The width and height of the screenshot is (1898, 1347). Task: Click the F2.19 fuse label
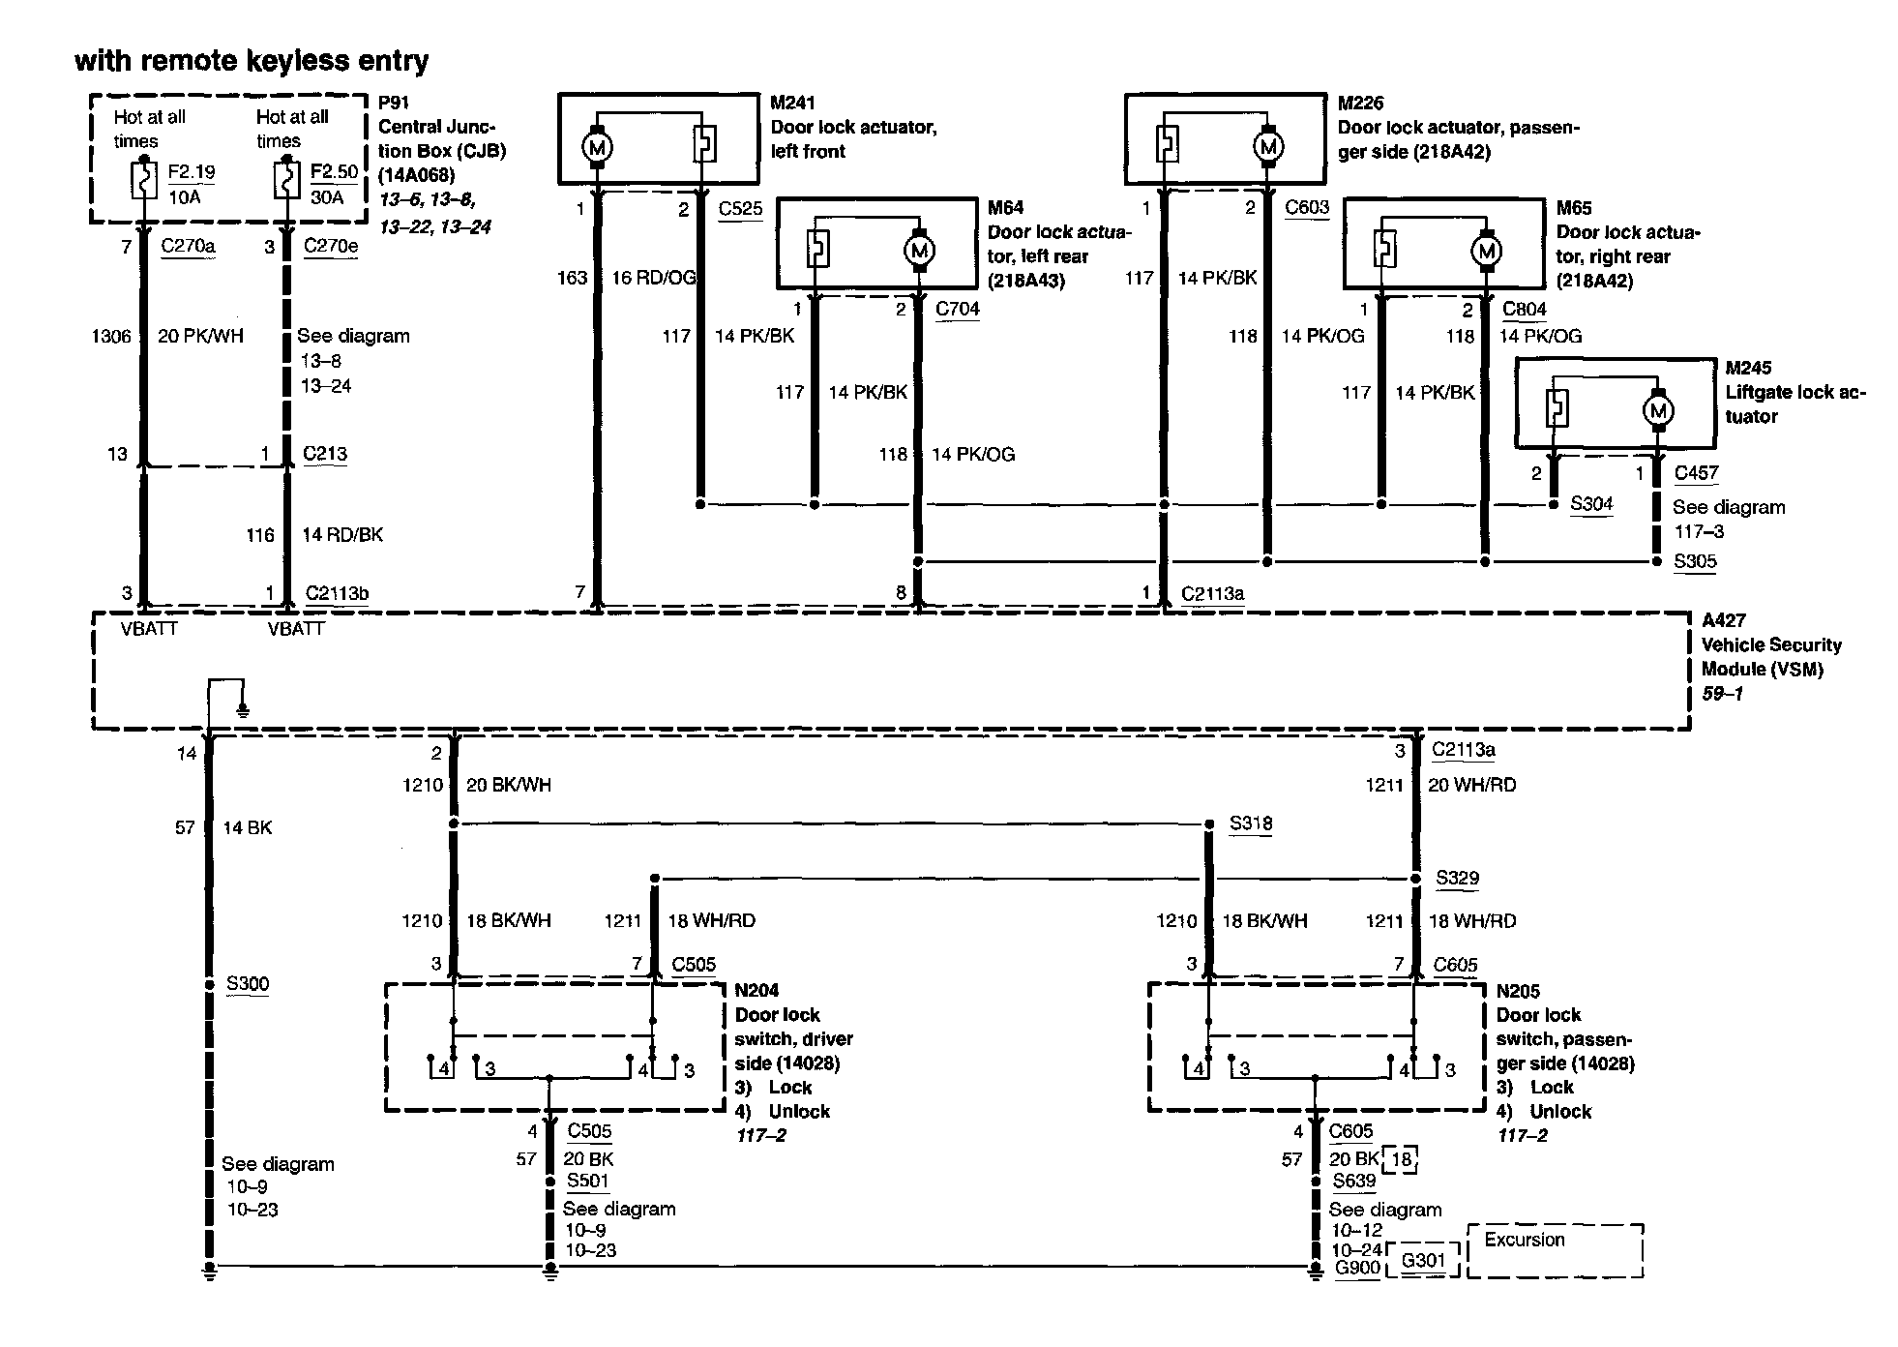pos(191,172)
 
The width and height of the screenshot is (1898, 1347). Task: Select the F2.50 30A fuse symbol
pos(286,181)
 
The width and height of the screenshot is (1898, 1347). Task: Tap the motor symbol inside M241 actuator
pos(597,147)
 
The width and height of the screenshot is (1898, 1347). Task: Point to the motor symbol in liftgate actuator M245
pos(1659,410)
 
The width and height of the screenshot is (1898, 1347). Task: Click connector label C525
pos(740,208)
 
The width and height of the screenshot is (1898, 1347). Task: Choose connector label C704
pos(957,309)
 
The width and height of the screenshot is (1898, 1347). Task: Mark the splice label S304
pos(1591,503)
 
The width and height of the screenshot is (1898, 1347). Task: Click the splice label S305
pos(1695,561)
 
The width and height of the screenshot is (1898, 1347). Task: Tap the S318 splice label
pos(1251,823)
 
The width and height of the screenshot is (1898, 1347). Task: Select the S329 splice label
pos(1457,878)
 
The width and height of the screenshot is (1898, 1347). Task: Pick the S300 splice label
pos(248,984)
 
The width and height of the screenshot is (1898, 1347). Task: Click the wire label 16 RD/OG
pos(654,278)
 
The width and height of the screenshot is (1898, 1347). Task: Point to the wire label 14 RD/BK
pos(342,535)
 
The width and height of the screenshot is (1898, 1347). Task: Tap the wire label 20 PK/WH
pos(200,336)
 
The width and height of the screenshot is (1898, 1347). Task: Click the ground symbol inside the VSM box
pos(243,710)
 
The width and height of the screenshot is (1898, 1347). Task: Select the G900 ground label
pos(1356,1268)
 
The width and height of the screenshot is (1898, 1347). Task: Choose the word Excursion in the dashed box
pos(1524,1240)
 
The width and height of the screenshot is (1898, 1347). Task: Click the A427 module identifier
pos(1723,620)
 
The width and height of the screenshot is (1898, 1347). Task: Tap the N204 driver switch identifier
pos(756,990)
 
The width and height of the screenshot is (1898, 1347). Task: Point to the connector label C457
pos(1696,473)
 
